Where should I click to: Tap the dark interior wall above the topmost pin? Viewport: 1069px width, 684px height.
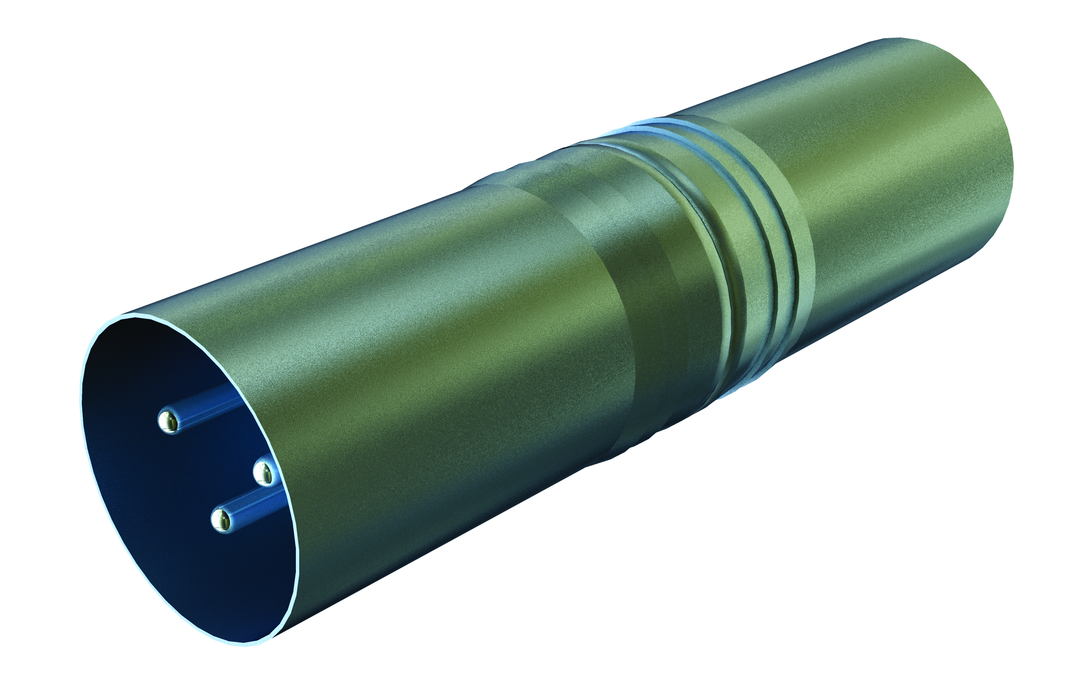(x=147, y=355)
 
